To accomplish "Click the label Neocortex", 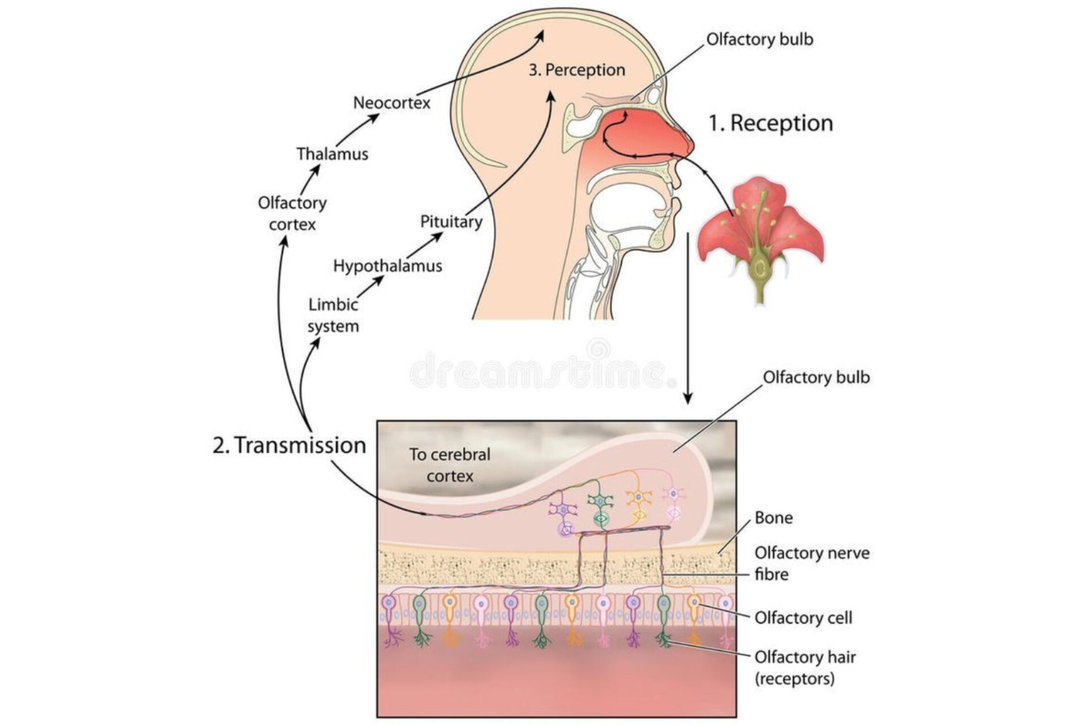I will pos(392,103).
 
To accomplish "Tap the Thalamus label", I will pos(332,154).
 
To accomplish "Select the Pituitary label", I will pos(451,221).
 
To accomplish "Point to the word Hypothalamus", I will pos(387,266).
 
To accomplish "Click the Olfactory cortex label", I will pos(292,214).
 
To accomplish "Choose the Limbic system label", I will pos(333,315).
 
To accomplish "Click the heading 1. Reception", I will pos(771,123).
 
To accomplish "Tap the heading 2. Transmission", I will pos(289,445).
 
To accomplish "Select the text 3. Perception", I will pos(577,70).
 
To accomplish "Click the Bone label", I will pos(773,518).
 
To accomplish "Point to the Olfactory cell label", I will pos(803,617).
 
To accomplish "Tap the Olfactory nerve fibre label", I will pos(811,563).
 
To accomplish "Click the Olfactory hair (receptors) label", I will pos(804,667).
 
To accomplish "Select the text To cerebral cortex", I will pos(450,465).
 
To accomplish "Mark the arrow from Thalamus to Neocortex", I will pos(358,130).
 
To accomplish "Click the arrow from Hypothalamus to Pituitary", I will pos(425,245).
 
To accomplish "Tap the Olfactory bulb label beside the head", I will pos(759,40).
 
